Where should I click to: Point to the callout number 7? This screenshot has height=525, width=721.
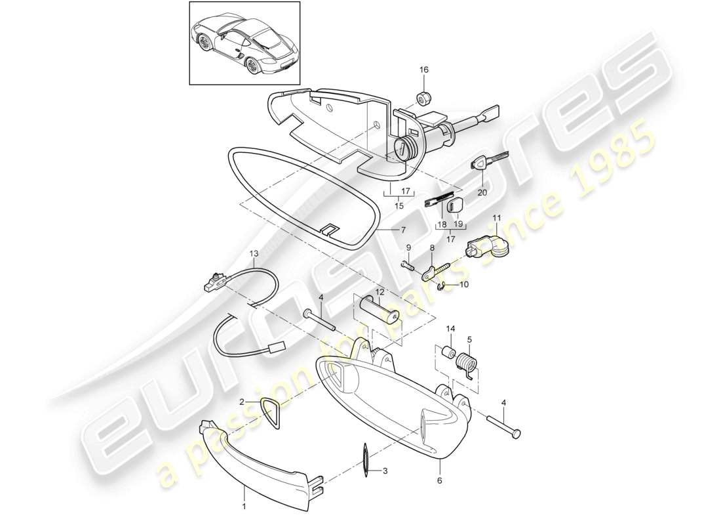point(404,230)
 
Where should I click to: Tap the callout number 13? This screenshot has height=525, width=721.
point(254,253)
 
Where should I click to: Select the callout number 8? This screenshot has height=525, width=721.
point(432,248)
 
